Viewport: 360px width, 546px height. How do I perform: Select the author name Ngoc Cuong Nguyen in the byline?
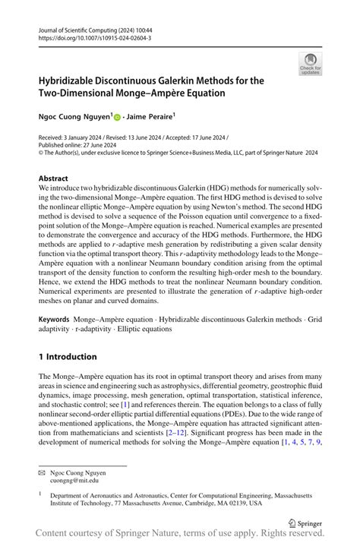(x=74, y=118)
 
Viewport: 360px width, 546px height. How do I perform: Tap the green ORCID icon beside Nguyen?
(x=118, y=118)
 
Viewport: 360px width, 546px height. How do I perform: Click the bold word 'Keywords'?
(x=58, y=322)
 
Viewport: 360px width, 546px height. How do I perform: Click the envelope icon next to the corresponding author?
(x=43, y=472)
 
